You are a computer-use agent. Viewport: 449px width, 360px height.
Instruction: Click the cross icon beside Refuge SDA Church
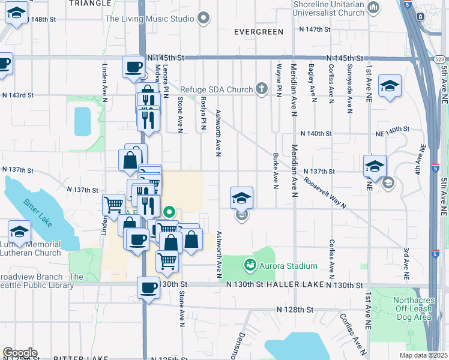[x=261, y=89]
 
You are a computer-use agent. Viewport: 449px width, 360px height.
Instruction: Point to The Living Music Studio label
[x=150, y=19]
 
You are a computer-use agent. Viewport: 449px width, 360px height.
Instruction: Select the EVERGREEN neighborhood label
[x=258, y=32]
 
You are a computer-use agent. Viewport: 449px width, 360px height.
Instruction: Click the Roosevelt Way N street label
[x=325, y=192]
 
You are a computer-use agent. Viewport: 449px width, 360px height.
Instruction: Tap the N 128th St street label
[x=295, y=309]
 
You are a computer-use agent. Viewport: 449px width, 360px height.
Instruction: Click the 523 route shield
[x=439, y=59]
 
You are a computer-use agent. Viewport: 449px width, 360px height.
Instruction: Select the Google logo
[x=19, y=353]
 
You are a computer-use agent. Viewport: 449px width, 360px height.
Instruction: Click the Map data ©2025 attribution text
[x=422, y=355]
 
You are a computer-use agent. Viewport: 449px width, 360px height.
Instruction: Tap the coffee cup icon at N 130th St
[x=148, y=287]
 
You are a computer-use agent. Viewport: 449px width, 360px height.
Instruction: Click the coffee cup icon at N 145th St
[x=133, y=67]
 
